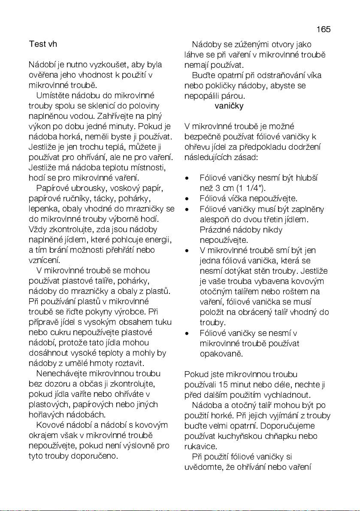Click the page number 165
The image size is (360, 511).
[324, 30]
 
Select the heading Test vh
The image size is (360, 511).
[43, 44]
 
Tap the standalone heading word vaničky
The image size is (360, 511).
[229, 106]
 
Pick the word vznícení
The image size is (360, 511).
[44, 260]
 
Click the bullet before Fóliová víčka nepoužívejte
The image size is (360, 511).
[187, 199]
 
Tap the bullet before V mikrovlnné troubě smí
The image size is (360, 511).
[187, 250]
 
